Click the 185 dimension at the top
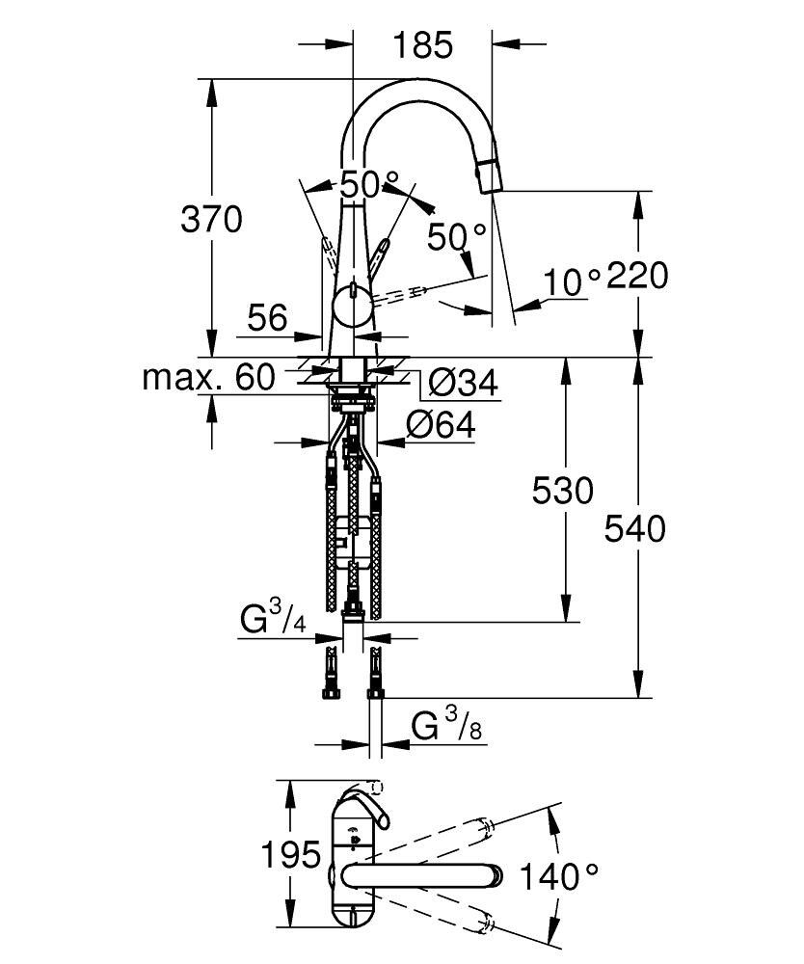(422, 44)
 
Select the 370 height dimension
(211, 220)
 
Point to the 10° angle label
(571, 281)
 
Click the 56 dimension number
(266, 317)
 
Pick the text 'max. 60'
(208, 377)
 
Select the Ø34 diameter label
(461, 385)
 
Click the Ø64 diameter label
(441, 426)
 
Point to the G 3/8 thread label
(446, 726)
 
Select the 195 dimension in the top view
(290, 854)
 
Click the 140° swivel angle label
(559, 876)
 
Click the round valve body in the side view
(352, 308)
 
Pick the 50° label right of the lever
(457, 237)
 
